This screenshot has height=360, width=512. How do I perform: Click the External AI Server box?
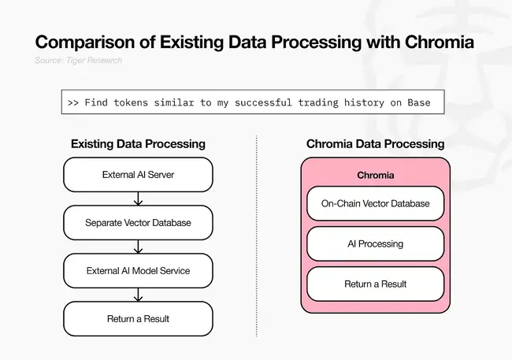point(138,175)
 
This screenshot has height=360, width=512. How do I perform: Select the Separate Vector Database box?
point(138,223)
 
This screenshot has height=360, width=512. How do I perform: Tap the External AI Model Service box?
point(138,271)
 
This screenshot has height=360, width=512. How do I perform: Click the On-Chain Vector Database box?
point(375,203)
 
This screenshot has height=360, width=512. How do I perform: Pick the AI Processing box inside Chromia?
point(375,243)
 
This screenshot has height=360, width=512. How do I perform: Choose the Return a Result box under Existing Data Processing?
point(138,319)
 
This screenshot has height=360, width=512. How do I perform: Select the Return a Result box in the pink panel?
point(375,284)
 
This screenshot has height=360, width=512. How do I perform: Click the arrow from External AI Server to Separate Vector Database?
point(138,199)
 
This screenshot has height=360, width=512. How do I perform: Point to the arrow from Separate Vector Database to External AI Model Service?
point(138,247)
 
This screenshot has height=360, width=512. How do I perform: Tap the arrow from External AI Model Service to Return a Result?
point(138,295)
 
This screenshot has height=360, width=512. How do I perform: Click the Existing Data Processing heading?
point(138,144)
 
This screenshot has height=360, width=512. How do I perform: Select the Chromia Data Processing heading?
point(375,144)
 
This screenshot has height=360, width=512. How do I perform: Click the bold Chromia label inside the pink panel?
point(375,175)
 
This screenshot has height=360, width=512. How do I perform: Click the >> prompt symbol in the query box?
point(73,103)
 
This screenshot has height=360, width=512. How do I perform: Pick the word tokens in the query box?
point(130,103)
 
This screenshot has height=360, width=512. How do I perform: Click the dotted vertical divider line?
point(257,236)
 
